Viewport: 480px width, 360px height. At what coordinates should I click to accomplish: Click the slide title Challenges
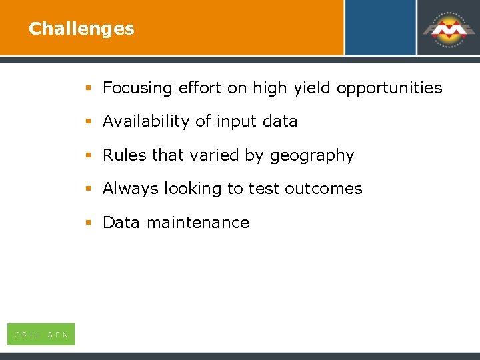[81, 29]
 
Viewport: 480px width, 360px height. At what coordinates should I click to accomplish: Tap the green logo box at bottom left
[41, 334]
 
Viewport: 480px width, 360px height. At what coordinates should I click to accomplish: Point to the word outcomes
[323, 189]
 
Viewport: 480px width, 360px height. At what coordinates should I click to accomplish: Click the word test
[264, 189]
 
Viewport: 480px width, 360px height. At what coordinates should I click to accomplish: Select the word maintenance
[197, 223]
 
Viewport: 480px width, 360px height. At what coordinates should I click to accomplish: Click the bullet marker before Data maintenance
[88, 223]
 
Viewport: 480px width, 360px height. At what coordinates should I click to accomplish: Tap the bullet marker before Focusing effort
[88, 88]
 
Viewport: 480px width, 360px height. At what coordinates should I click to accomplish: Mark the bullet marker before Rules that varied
[88, 155]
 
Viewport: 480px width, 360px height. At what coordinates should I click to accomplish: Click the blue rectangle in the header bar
[380, 27]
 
